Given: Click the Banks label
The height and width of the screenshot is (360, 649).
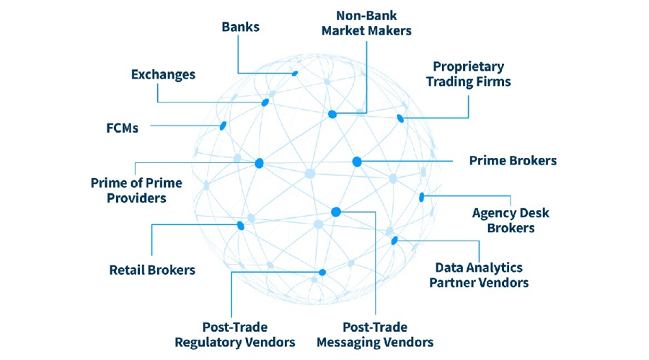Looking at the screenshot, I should (240, 27).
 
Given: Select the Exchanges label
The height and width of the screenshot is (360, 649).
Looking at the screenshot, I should (163, 74).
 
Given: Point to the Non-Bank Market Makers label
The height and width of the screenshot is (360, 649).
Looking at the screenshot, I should (366, 22).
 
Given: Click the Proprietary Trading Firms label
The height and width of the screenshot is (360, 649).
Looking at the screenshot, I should (468, 74).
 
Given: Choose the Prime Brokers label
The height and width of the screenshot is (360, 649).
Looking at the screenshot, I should (513, 160).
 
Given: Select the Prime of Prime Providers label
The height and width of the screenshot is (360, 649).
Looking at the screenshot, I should (136, 190).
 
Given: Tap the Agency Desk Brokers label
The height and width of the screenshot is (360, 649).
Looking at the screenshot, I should (511, 220).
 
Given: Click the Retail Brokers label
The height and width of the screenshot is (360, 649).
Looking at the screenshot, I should (152, 271).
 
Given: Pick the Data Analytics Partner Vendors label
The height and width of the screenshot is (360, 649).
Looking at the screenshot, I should (479, 275).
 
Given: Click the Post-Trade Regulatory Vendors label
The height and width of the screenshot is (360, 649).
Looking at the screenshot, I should (235, 334).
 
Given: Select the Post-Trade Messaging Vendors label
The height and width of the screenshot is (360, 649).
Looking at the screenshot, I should (375, 334).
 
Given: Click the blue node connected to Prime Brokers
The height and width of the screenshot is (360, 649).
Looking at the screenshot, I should (356, 162).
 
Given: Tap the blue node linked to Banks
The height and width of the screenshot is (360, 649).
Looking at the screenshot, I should (294, 73).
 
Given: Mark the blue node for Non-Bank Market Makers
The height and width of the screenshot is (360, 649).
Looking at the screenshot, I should (332, 114).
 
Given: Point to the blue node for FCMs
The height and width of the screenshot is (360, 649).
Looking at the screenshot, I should (223, 126).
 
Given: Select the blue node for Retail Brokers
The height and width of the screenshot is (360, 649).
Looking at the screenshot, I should (241, 226).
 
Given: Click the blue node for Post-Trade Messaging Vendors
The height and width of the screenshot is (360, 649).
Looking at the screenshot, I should (335, 211).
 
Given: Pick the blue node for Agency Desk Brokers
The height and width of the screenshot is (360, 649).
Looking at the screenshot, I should (422, 197).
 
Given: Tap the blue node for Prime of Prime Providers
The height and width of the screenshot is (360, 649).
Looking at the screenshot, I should (259, 164).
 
